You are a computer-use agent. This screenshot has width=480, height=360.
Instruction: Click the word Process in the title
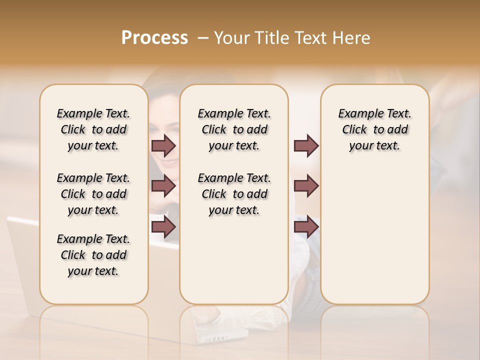[x=154, y=38]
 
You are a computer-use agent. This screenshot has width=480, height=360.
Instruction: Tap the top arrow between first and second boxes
[x=163, y=145]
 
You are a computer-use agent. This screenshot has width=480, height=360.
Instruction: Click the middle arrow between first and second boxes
[x=163, y=186]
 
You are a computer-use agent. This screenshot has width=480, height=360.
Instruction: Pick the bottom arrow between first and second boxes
[x=163, y=227]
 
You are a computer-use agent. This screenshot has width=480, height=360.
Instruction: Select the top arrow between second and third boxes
[x=306, y=145]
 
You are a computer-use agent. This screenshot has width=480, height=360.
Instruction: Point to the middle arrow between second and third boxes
[x=306, y=186]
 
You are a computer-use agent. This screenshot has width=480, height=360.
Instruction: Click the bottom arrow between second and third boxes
[x=306, y=227]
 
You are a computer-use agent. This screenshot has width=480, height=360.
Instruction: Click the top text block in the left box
[x=93, y=129]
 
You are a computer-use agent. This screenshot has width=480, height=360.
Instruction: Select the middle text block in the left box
[x=93, y=194]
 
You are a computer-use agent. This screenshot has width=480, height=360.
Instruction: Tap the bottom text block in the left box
[x=93, y=255]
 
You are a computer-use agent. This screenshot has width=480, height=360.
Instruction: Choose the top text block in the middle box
[x=234, y=129]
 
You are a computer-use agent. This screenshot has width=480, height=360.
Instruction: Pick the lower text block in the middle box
[x=234, y=194]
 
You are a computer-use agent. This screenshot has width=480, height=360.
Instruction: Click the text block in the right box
[x=374, y=129]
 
